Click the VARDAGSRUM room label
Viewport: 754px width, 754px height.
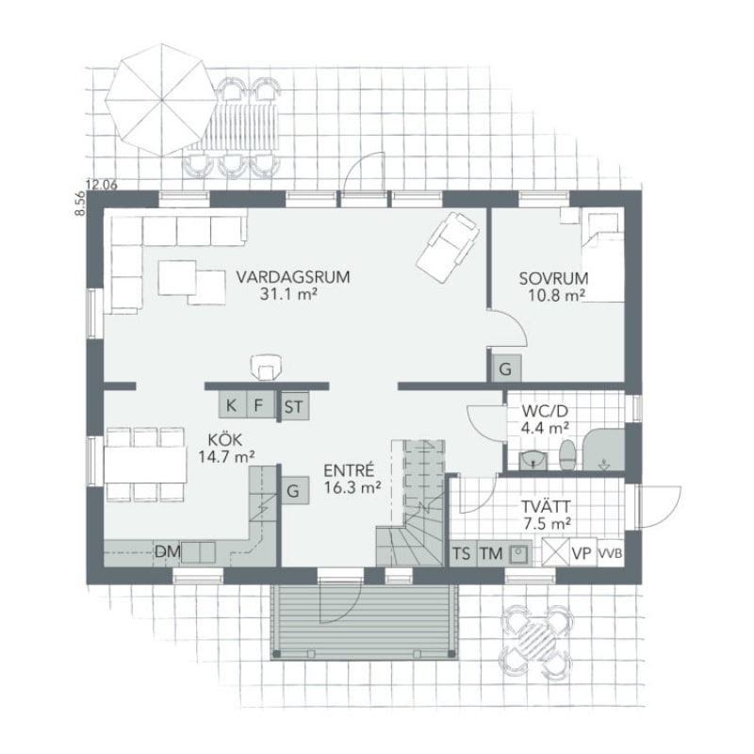292,277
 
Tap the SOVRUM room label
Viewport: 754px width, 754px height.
553,278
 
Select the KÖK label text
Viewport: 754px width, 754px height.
225,439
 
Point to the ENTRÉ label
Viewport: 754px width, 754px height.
349,469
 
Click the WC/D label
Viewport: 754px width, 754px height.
546,411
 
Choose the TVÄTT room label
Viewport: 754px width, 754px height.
547,506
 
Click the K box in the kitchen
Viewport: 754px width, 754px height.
232,405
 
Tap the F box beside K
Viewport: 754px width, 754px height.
260,405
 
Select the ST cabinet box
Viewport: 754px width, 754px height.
294,407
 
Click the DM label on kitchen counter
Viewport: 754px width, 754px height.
168,551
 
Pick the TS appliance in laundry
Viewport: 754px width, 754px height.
462,553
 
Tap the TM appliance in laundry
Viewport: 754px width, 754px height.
490,553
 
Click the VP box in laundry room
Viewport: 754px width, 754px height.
582,553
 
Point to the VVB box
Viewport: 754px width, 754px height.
610,553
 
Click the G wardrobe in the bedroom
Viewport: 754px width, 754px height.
505,369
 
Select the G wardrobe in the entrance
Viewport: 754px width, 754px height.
294,490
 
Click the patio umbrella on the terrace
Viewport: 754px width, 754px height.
161,100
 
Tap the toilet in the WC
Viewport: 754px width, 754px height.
567,454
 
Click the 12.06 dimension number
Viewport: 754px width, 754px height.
102,184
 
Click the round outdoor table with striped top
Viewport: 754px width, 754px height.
536,642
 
